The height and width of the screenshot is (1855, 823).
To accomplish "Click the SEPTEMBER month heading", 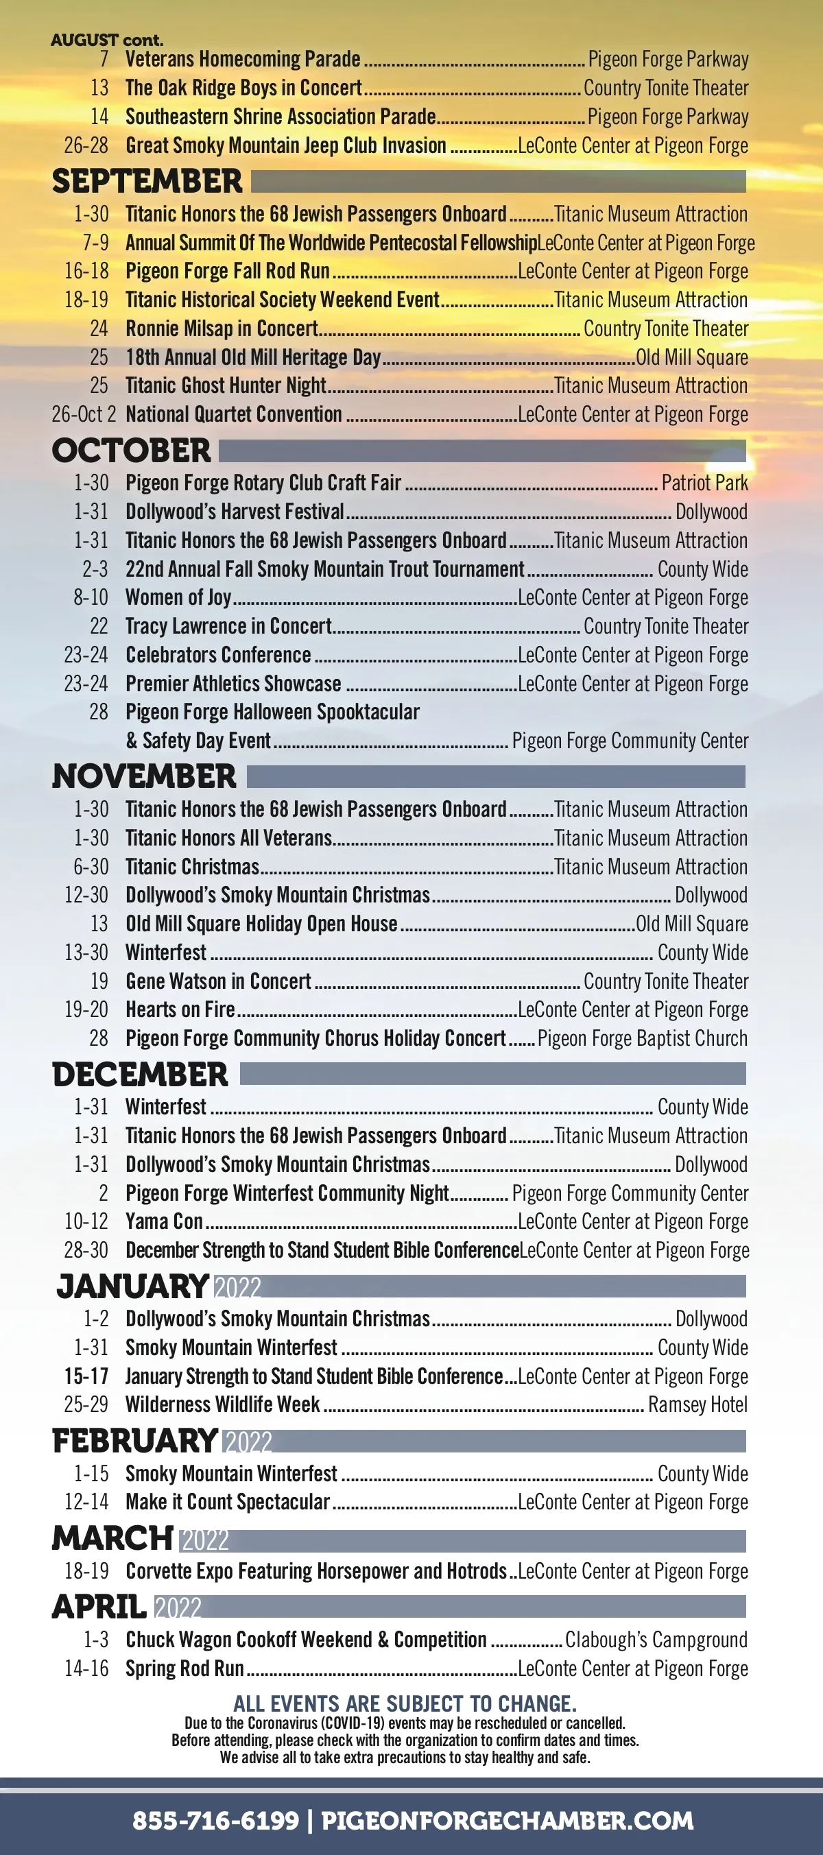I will coord(147,182).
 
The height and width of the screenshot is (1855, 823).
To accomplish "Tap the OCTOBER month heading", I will coord(131,451).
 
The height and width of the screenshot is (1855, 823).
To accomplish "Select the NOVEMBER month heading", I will coord(144,777).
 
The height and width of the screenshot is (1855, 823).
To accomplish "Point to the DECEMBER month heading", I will coord(140,1075).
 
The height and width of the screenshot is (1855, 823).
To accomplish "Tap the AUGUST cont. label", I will coord(106,40).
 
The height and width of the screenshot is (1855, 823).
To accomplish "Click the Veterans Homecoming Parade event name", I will coord(243,59).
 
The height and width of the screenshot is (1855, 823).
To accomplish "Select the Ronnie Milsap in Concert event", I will coord(222,329).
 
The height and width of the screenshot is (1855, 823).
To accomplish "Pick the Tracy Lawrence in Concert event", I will coord(228,627).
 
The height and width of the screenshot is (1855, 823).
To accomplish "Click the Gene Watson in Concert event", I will coord(218,981).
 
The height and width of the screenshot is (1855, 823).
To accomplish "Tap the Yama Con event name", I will coord(164,1222).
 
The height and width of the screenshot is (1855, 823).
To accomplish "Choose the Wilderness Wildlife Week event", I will coord(222,1405).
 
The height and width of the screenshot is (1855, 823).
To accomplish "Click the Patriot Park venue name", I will coord(704,483).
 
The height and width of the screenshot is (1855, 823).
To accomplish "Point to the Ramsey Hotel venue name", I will coord(697,1405).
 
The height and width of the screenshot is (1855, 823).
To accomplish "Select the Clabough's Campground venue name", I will coord(656,1640).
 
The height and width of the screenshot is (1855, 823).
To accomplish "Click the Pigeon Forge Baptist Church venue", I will coord(642,1038).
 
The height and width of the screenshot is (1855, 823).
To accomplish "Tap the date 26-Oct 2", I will coord(84,415).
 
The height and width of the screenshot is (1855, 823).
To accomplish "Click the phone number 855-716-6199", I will coord(215,1821).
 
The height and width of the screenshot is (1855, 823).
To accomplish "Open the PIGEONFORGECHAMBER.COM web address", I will coord(507,1821).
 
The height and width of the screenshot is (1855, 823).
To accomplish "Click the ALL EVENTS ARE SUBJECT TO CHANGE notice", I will coord(405,1703).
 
